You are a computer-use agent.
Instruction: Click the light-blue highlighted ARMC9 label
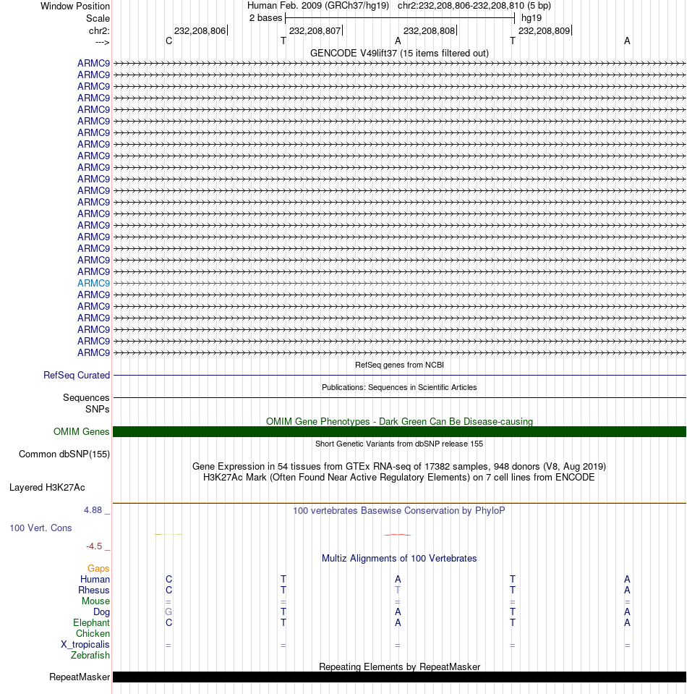93,283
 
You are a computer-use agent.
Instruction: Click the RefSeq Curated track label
77,375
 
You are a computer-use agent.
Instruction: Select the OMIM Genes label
82,431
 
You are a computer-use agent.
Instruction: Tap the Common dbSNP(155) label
64,454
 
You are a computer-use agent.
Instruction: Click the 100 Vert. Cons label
40,528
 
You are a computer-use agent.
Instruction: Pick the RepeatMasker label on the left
80,677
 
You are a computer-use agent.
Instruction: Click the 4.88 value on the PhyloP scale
94,510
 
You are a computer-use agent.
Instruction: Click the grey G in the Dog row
168,612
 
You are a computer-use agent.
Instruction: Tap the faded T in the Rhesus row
398,590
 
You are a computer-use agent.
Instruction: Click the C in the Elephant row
168,622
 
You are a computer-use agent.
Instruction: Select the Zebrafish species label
90,655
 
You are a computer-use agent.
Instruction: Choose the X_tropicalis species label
85,644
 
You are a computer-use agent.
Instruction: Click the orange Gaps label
98,568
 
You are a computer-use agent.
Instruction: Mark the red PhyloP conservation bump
398,534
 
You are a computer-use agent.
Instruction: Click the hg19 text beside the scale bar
532,17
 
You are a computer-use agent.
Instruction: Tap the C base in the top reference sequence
168,41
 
